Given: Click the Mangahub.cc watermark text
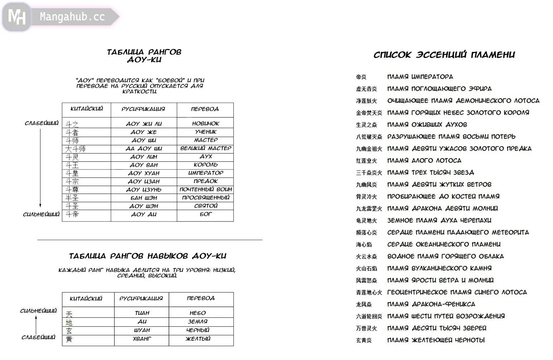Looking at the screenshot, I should (x=72, y=17).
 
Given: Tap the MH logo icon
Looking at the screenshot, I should (x=16, y=17).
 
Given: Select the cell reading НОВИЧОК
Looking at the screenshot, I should (x=205, y=123).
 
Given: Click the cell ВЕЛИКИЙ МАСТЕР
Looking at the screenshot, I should (x=205, y=148).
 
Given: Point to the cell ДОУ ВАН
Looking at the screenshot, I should (x=144, y=165).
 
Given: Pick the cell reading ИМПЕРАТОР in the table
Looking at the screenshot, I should (x=205, y=173).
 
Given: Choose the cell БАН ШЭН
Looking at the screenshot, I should (x=144, y=198).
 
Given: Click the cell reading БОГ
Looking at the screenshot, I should (x=205, y=214).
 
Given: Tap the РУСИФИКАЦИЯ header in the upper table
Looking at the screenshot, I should (x=144, y=109).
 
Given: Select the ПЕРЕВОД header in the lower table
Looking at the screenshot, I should (x=201, y=298).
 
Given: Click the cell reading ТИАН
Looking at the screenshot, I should (x=142, y=313).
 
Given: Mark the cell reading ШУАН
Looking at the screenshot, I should (x=142, y=330).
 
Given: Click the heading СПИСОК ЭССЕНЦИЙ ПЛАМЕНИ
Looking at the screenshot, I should (x=444, y=55).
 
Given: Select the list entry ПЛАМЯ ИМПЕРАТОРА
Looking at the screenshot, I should (x=420, y=77).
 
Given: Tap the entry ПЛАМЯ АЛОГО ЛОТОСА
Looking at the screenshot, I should (x=424, y=161).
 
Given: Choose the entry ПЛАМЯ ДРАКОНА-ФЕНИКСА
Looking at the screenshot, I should (x=431, y=304).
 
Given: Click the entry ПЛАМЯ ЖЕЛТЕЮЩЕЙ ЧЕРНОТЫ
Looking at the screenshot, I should (x=436, y=340).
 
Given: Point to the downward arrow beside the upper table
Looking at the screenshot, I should (x=40, y=168).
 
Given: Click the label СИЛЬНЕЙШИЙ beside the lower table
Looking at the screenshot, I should (x=38, y=311).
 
